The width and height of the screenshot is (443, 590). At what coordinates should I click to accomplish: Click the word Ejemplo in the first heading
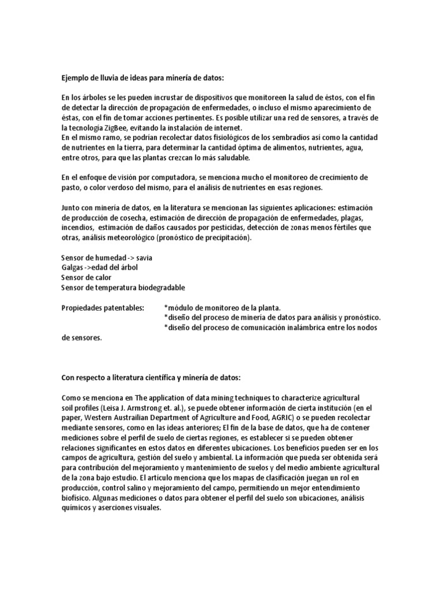pyautogui.click(x=76, y=77)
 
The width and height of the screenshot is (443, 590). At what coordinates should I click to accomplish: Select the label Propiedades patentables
pyautogui.click(x=103, y=308)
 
